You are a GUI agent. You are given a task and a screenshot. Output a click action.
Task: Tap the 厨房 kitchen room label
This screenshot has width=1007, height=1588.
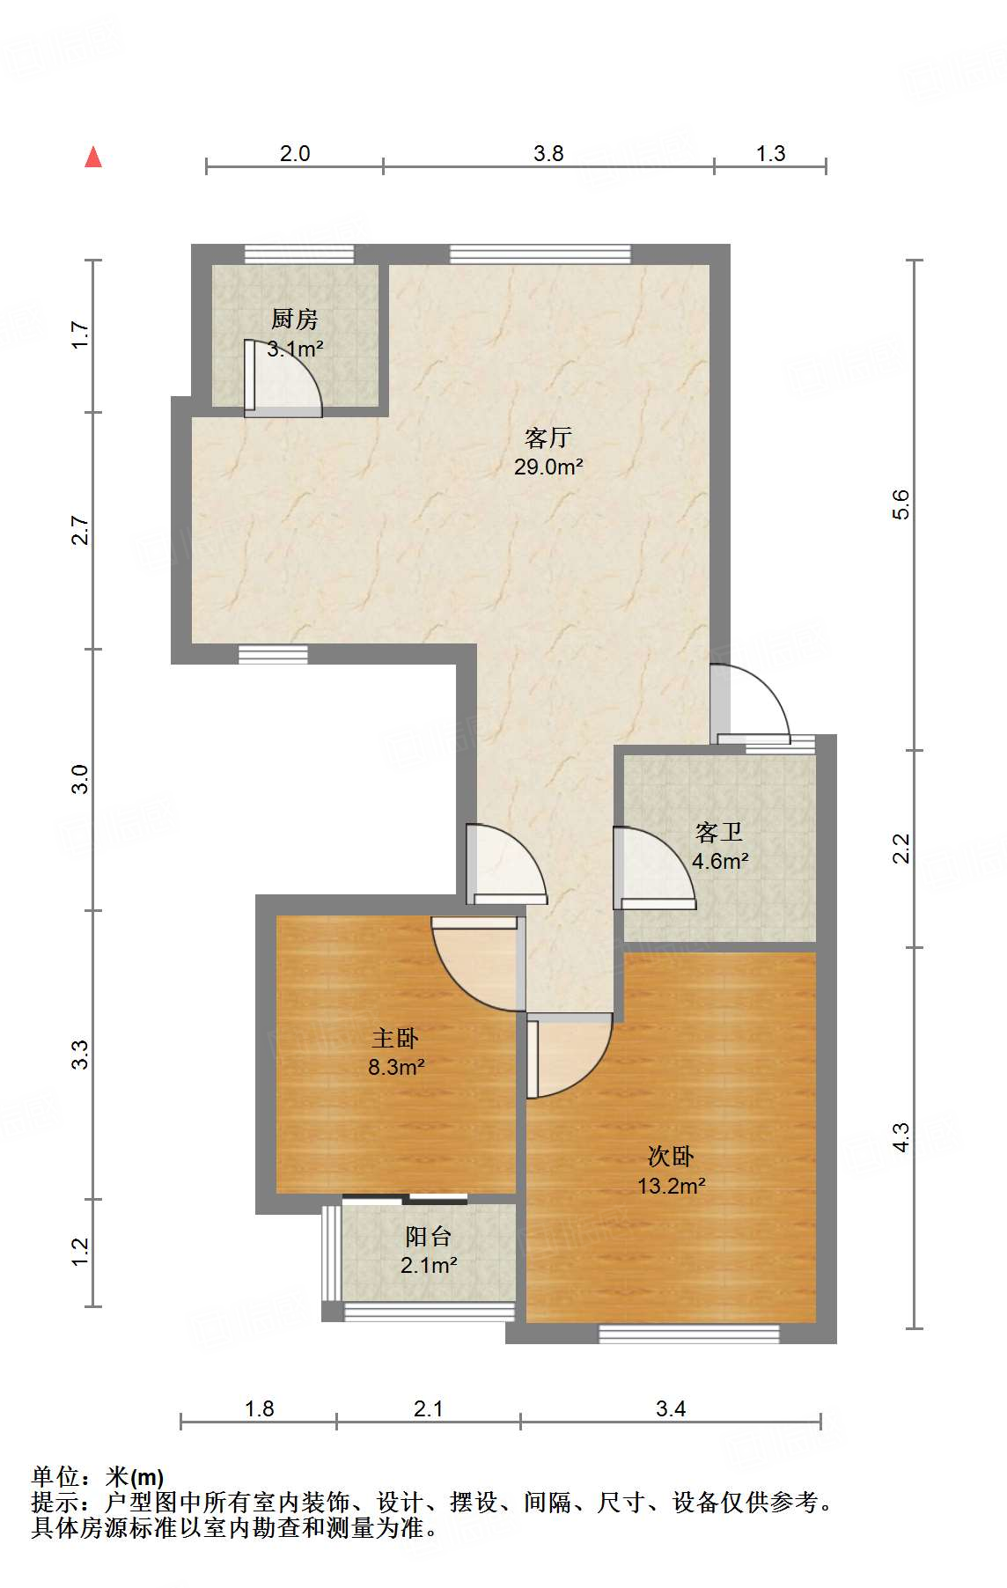coord(294,319)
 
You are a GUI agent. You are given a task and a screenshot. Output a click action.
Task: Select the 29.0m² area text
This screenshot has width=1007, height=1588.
coord(548,467)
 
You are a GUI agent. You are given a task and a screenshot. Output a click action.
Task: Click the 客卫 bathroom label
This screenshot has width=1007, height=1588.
coord(719,832)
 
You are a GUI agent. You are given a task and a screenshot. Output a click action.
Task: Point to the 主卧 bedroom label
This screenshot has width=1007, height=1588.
coord(395,1038)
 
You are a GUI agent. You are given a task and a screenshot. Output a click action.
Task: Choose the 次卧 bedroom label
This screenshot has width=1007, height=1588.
coord(671,1156)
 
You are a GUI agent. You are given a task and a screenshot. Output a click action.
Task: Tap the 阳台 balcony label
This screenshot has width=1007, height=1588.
coord(429,1236)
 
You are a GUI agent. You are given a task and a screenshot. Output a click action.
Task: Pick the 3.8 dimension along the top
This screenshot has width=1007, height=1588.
coord(548,153)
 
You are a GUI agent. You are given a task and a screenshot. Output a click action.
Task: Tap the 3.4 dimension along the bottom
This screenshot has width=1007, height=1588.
coord(671,1408)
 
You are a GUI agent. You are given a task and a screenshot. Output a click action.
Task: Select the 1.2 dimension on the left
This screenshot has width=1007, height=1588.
coord(80,1252)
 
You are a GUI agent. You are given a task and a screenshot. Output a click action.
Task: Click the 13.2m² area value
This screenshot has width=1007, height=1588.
coord(672,1186)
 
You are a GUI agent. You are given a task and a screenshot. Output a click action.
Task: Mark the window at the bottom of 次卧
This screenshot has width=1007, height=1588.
coord(689,1334)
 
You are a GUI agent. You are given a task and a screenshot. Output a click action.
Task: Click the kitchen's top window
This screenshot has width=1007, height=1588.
coord(299,254)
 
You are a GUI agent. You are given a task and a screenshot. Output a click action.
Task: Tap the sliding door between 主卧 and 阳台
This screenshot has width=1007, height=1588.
coord(405,1198)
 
